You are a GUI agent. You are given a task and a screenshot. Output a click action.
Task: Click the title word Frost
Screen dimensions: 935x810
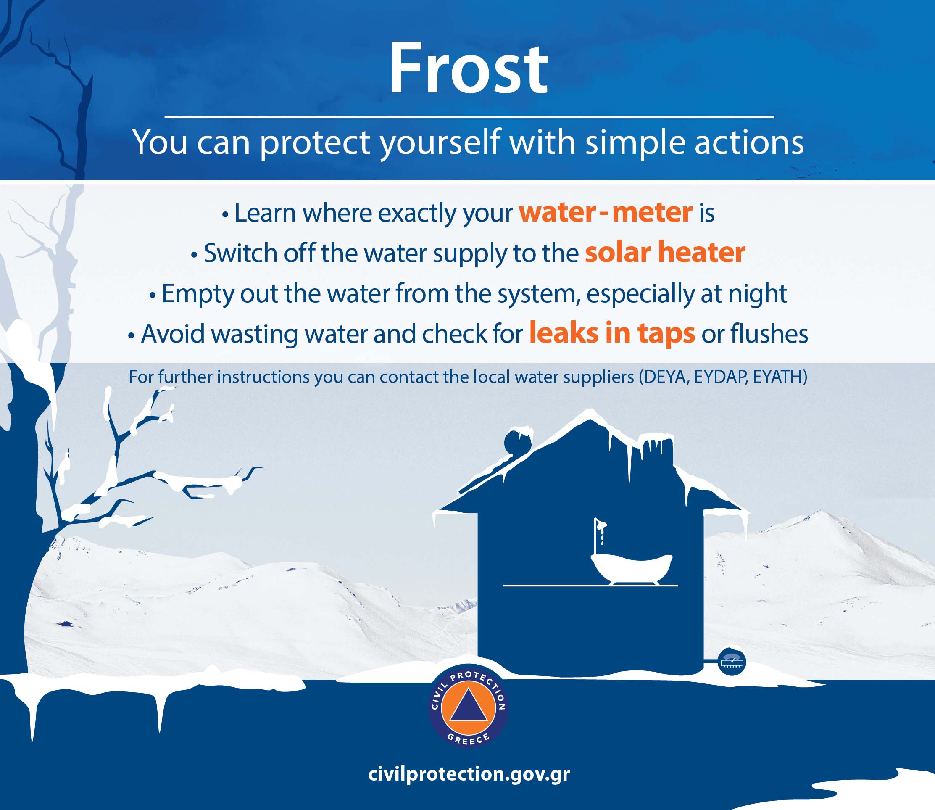469,69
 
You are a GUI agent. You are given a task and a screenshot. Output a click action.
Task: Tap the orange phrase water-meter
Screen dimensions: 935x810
606,212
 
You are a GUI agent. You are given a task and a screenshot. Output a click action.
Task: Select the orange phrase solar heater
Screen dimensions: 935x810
665,252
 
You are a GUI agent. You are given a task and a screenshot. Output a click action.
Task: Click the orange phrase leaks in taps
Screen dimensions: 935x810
612,334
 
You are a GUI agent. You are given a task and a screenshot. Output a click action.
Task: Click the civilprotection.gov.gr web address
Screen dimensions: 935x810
469,774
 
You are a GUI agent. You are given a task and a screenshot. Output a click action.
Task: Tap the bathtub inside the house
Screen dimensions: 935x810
631,569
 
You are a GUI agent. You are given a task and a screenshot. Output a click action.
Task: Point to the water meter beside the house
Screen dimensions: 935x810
732,662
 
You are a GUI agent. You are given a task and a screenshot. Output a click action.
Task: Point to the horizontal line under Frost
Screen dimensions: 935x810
469,116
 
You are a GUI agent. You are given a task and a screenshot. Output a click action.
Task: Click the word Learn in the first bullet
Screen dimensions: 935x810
265,212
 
